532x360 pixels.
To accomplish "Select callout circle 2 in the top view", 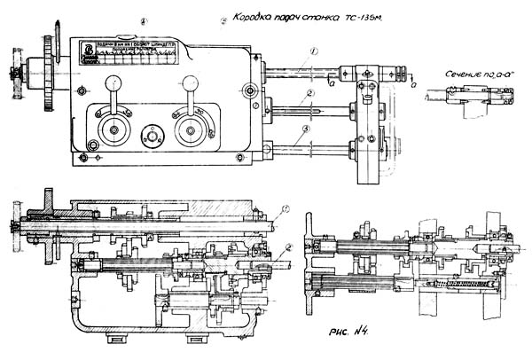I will (310, 92).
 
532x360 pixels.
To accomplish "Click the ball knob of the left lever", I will (113, 82).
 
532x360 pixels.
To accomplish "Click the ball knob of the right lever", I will (189, 80).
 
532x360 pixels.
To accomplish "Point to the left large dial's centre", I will (113, 131).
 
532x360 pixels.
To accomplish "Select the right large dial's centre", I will (188, 131).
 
